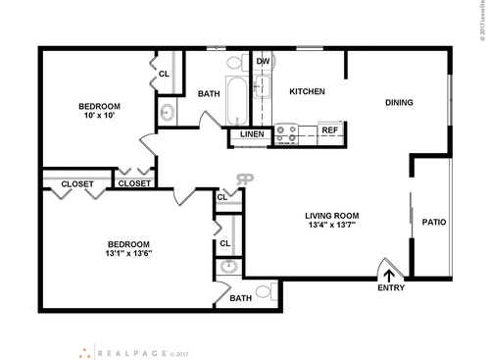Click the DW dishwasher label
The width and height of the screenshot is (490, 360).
[x=263, y=62]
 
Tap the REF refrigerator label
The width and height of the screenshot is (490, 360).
[x=329, y=129]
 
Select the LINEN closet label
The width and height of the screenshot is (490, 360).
[x=252, y=133]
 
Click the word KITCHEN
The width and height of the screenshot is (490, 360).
[x=307, y=92]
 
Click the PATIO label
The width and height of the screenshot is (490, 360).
[x=434, y=222]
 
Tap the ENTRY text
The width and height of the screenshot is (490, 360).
[x=390, y=288]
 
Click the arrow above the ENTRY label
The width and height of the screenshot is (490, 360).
[x=390, y=276]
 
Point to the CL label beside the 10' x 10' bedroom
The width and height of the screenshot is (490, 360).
[x=164, y=74]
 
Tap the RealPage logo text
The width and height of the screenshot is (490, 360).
[x=130, y=351]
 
